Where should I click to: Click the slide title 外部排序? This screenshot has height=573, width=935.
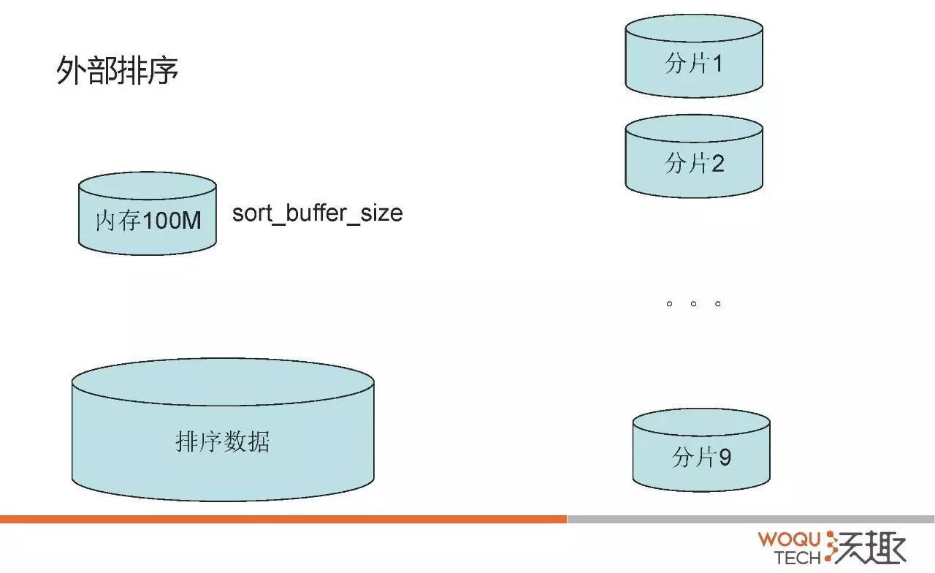coord(118,72)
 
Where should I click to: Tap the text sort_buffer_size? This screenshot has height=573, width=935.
coord(317,213)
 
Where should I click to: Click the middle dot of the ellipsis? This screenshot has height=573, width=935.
coord(693,303)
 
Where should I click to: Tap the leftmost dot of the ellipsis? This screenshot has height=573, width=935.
coord(669,303)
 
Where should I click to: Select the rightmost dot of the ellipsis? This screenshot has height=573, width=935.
coord(718,303)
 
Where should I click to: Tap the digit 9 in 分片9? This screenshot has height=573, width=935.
coord(725,458)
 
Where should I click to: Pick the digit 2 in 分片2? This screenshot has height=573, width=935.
coord(717,163)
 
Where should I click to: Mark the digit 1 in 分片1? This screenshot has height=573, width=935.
coord(717,64)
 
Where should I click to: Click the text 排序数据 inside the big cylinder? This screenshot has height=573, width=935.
coord(223,442)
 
